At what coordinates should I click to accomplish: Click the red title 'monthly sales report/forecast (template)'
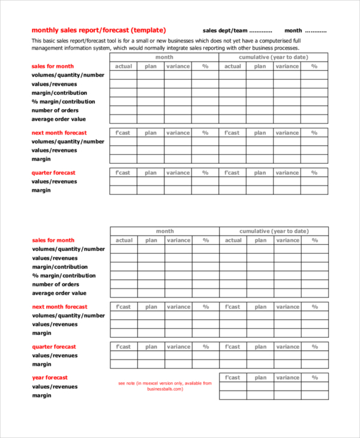(x=98, y=30)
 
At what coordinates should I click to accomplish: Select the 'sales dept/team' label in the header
(x=224, y=30)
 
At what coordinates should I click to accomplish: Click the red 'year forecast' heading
(x=50, y=377)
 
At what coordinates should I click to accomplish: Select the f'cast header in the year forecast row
(x=233, y=377)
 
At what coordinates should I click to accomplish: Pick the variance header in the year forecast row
(x=287, y=377)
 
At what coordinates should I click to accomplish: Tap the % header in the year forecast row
(x=314, y=377)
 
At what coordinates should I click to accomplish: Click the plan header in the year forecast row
(x=260, y=377)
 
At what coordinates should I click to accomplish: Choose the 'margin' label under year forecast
(x=41, y=395)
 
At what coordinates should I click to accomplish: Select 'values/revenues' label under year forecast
(x=55, y=386)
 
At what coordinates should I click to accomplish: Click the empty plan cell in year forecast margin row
(x=260, y=395)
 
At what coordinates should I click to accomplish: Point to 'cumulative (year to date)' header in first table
(x=274, y=57)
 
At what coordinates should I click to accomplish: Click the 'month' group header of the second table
(x=164, y=231)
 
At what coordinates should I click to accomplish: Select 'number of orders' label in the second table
(x=56, y=284)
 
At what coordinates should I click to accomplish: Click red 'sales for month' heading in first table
(x=53, y=66)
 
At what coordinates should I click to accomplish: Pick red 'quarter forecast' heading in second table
(x=54, y=346)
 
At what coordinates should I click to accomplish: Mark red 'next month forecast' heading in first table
(x=59, y=133)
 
